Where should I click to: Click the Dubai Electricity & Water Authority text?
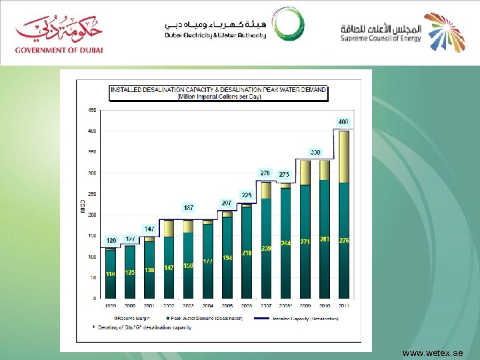point(215,35)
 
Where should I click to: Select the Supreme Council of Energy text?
point(380,39)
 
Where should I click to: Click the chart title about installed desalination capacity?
point(218,92)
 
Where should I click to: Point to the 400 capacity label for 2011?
point(343,123)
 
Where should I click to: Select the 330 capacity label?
point(315,153)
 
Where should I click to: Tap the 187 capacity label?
point(189,207)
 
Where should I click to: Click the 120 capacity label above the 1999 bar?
point(111,240)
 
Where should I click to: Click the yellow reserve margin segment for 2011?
point(344,157)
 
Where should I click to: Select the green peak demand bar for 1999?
point(111,273)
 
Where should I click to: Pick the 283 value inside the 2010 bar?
point(325,239)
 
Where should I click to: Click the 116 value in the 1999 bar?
point(111,274)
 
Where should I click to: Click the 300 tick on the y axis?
point(92,173)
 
